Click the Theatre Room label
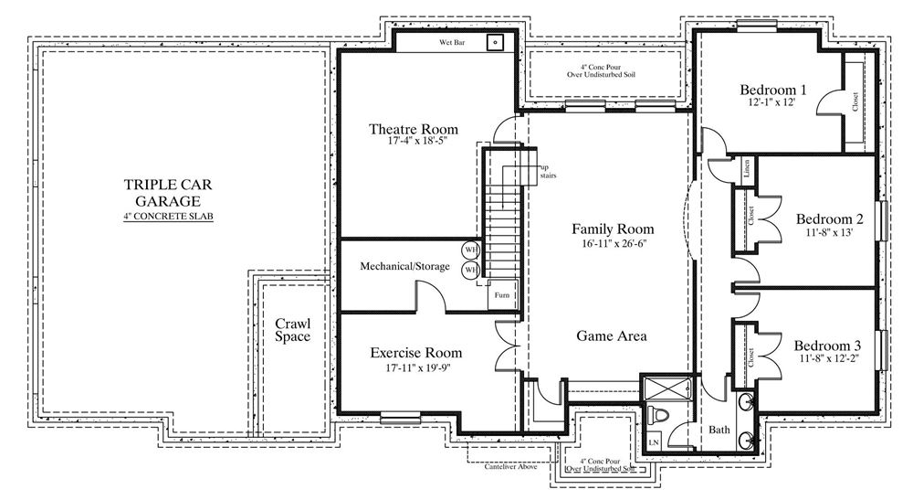[x=414, y=129]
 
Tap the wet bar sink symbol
[x=495, y=42]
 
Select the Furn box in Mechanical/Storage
[x=502, y=295]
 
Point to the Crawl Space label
[x=292, y=330]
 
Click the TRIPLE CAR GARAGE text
[x=168, y=193]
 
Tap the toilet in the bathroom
[x=657, y=416]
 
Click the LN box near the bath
[x=654, y=442]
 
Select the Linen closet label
[x=747, y=169]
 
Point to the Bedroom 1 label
[x=772, y=90]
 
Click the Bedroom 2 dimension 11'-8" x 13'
[x=830, y=232]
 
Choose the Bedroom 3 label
[x=827, y=346]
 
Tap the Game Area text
[x=612, y=335]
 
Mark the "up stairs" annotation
[x=547, y=171]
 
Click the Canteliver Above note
[x=510, y=466]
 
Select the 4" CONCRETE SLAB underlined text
[x=168, y=217]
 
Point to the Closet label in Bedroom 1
[x=855, y=102]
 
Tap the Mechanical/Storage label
[x=404, y=266]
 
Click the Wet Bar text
[x=452, y=43]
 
